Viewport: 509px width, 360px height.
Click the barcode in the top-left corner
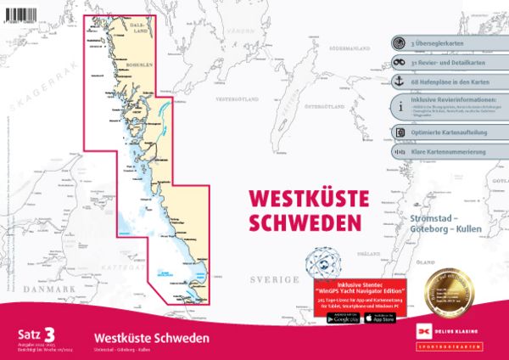[x=23, y=8]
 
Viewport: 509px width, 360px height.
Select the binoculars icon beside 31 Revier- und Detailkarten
[x=400, y=63]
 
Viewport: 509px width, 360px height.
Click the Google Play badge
[x=341, y=318]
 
